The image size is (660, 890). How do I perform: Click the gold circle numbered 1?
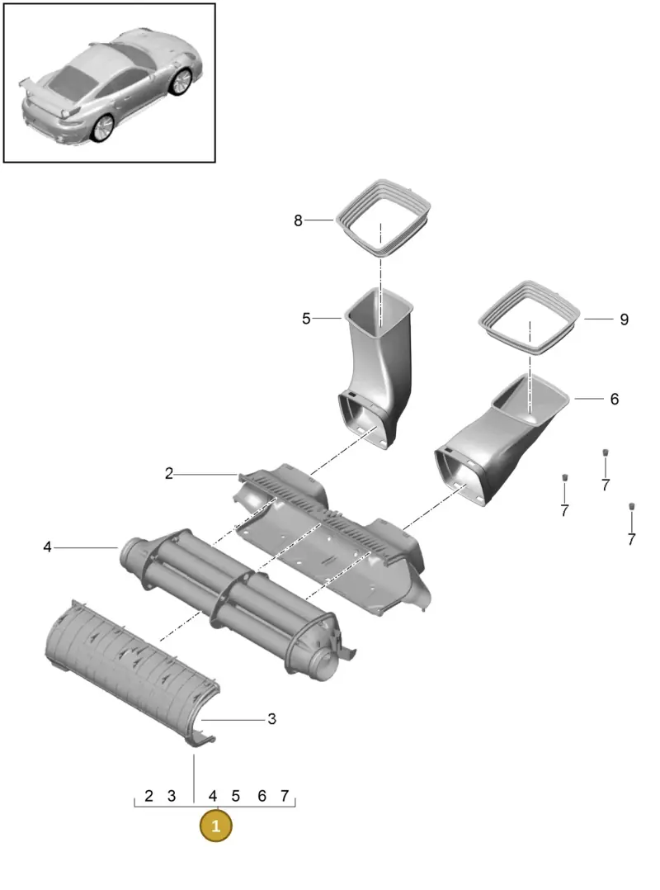pyautogui.click(x=215, y=826)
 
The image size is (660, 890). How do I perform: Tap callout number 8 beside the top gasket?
pyautogui.click(x=299, y=220)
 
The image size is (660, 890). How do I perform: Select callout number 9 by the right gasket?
pyautogui.click(x=625, y=320)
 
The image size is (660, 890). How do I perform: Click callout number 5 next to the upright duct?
pyautogui.click(x=306, y=319)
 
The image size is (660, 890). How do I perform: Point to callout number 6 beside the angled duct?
pyautogui.click(x=615, y=399)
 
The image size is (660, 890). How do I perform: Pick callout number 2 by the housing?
pyautogui.click(x=169, y=473)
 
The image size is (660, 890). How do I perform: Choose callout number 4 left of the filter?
pyautogui.click(x=47, y=547)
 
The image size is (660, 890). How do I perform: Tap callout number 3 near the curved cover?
pyautogui.click(x=271, y=719)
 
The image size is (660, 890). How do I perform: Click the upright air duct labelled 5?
pyautogui.click(x=375, y=369)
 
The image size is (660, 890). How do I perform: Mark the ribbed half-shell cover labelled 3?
pyautogui.click(x=131, y=670)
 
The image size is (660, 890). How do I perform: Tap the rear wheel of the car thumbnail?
pyautogui.click(x=103, y=128)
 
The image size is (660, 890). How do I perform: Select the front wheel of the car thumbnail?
pyautogui.click(x=181, y=81)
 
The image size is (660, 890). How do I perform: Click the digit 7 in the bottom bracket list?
pyautogui.click(x=285, y=797)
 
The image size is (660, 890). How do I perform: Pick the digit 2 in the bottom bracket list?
pyautogui.click(x=148, y=797)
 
